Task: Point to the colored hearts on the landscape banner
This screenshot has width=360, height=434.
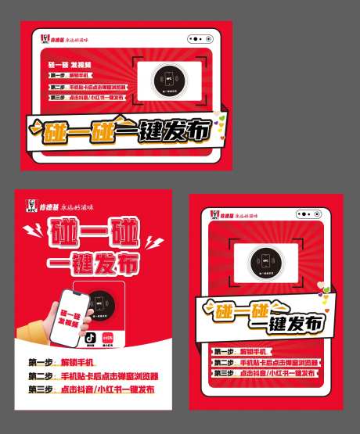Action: (x=221, y=122)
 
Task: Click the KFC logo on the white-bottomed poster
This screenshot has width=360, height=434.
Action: (x=31, y=206)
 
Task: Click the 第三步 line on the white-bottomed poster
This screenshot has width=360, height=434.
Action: (x=91, y=389)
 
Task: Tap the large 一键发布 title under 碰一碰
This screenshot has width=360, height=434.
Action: (x=90, y=261)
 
